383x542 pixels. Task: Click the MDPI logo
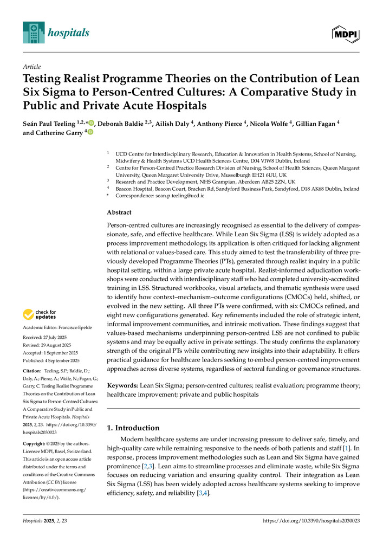[x=345, y=33]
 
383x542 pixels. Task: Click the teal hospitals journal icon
[x=33, y=33]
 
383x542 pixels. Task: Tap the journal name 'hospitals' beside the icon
[x=68, y=33]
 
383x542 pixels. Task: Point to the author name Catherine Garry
[x=58, y=132]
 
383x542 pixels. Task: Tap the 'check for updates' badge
[x=39, y=314]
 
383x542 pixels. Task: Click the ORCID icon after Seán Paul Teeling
[x=90, y=123]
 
